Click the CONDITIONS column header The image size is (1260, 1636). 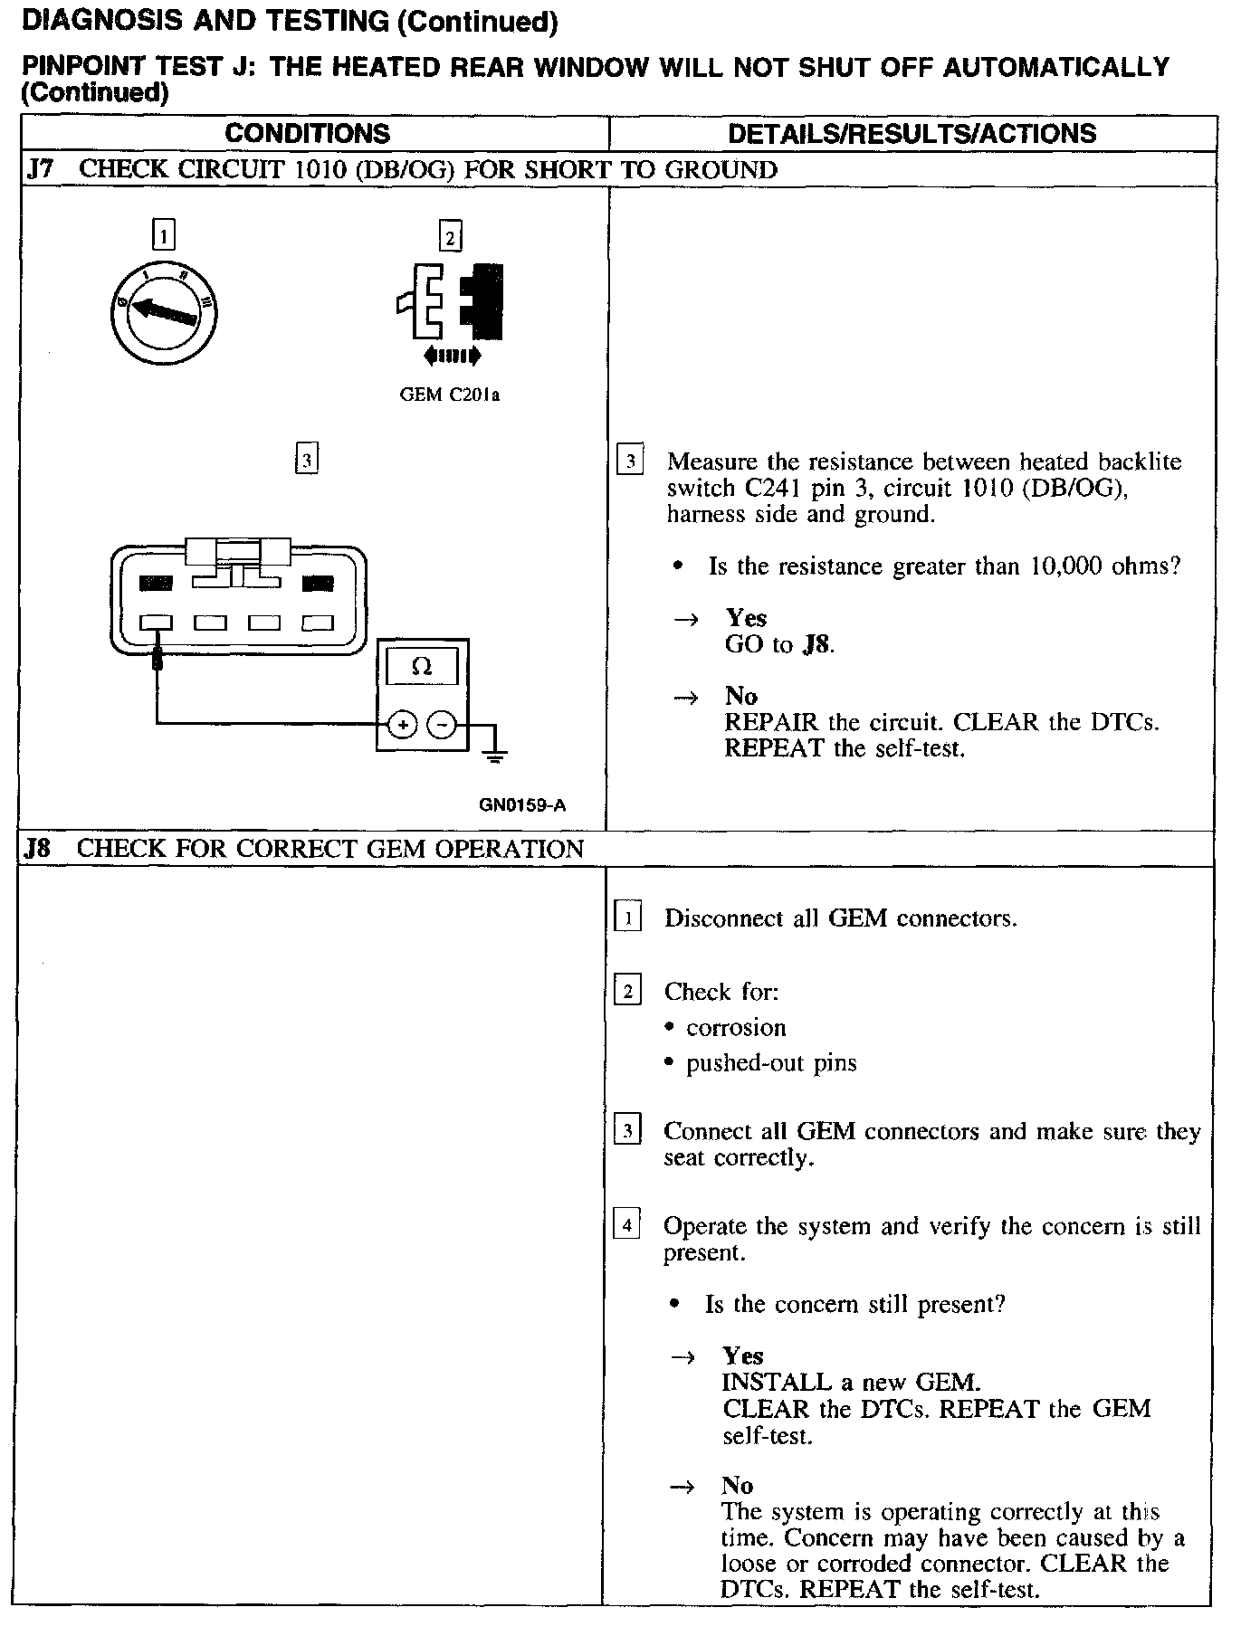pos(307,134)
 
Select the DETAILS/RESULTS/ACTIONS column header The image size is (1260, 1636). pos(912,134)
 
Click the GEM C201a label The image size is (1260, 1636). pos(449,395)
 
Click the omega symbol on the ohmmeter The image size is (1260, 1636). pos(422,668)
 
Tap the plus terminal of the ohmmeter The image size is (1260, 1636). pos(402,725)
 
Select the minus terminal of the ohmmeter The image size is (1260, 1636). pos(441,725)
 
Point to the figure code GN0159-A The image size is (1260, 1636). pos(523,805)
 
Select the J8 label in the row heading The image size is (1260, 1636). pos(38,849)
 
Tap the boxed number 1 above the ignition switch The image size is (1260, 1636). pos(163,236)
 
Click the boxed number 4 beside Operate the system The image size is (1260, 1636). pos(626,1226)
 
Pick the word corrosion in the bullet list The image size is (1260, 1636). pos(736,1028)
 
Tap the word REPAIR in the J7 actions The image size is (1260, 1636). pos(771,723)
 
